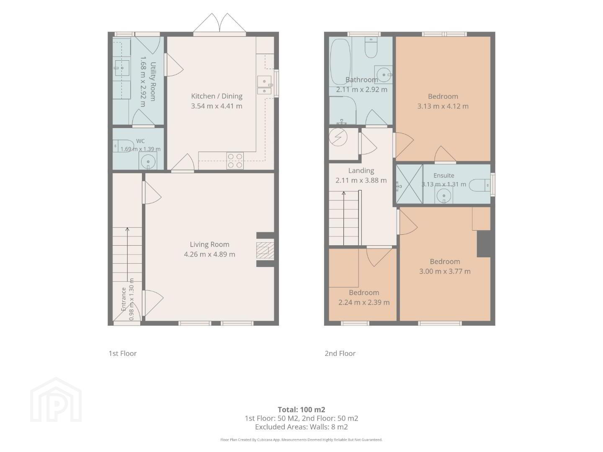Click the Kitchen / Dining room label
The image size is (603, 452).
point(216,96)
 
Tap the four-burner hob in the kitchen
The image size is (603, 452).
point(235,161)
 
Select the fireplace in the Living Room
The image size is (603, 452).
point(265,250)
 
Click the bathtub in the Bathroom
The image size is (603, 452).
point(340,62)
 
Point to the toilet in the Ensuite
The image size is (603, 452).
point(479,185)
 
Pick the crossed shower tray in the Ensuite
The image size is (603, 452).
point(409,184)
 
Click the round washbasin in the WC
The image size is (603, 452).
point(148,161)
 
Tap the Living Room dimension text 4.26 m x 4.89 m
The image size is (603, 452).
point(210,254)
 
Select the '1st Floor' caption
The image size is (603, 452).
point(123,353)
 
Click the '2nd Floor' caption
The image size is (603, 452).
point(340,353)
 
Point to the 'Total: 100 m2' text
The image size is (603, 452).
point(301,409)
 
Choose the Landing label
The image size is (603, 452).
point(361,170)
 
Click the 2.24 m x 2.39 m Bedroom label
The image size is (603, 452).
point(364,302)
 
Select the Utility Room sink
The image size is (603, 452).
point(122,68)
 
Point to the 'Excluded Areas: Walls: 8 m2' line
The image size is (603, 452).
point(301,427)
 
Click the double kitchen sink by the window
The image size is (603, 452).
point(264,85)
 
